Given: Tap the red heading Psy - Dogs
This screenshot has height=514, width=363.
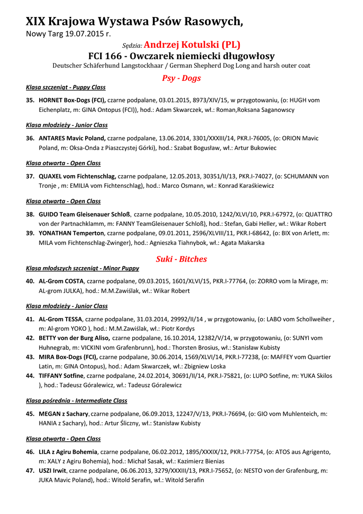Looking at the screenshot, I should tap(181, 78).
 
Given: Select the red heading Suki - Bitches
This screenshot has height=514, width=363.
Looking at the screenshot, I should tap(181, 259).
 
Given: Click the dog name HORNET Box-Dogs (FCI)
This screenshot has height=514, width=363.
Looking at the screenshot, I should tap(72, 100).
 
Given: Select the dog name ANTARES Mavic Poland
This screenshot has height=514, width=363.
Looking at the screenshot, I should tap(72, 139).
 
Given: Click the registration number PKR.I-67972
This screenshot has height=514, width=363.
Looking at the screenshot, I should tap(269, 214).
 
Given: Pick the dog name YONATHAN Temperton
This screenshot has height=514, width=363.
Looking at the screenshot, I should tap(72, 233).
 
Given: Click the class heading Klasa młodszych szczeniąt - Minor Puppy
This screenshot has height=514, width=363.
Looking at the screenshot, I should tap(82, 268).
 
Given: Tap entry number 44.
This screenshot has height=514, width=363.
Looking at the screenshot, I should tap(30, 376).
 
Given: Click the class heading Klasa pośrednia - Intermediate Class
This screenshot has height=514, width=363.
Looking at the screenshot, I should tap(77, 401).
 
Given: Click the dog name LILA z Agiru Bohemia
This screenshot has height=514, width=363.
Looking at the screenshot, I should tap(68, 452).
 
